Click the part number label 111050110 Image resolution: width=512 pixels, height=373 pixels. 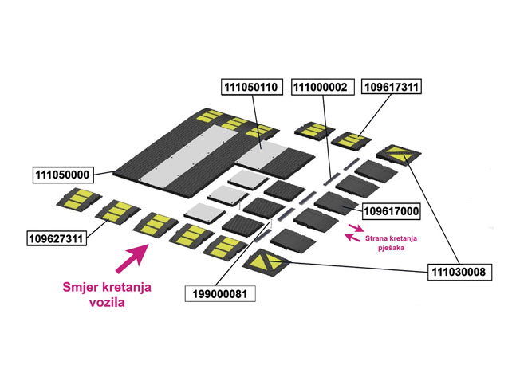point(252,87)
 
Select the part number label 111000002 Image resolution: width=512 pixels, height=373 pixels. point(323,87)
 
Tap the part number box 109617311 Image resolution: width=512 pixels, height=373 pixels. point(392,87)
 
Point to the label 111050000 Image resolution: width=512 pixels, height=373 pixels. point(63,175)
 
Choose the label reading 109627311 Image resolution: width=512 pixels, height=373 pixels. point(57,238)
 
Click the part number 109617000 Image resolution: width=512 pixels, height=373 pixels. point(392,211)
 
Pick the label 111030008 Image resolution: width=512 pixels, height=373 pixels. point(459,272)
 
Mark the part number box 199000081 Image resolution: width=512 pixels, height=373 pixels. point(220,294)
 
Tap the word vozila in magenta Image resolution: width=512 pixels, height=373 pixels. point(107,303)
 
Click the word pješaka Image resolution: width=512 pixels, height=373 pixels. point(392,248)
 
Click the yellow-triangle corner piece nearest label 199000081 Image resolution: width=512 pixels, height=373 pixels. point(266,262)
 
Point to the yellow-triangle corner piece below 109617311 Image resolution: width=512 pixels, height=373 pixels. point(399,154)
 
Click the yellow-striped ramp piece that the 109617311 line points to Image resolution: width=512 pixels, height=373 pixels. point(352,140)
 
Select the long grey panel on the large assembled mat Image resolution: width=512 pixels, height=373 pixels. point(188,155)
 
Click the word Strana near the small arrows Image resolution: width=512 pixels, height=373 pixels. point(376,238)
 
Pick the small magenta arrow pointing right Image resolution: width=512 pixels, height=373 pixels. point(356,227)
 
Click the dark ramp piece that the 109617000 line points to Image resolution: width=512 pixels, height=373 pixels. point(337,203)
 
